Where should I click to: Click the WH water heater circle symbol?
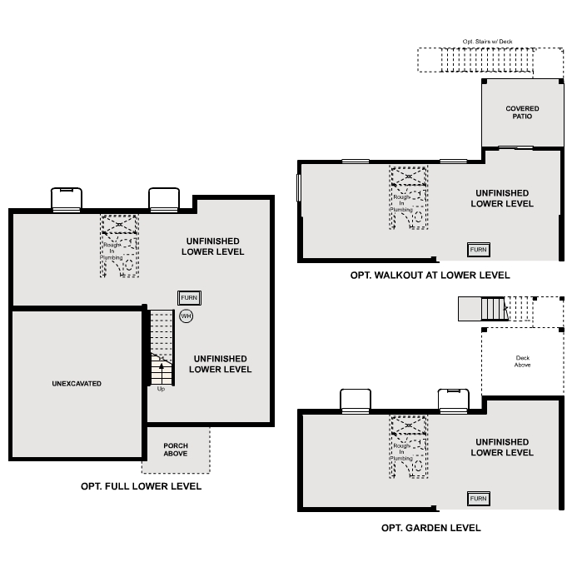coord(186,316)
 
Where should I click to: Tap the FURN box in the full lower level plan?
coord(189,297)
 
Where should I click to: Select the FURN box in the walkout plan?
coord(478,250)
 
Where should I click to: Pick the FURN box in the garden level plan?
coord(478,498)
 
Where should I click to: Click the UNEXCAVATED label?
coord(77,384)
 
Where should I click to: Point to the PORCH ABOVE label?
coord(176,450)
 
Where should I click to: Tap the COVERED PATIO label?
coord(522,112)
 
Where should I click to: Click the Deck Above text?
coord(522,361)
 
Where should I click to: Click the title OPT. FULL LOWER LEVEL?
coord(141,486)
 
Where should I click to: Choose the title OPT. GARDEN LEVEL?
coord(430,528)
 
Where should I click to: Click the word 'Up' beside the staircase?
coord(161,389)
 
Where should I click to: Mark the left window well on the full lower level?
coord(67,199)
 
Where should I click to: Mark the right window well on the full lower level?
coord(164,199)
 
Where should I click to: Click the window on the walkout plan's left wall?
coord(299,187)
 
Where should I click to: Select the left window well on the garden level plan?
coord(356,400)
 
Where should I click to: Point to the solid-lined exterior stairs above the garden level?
coord(482,310)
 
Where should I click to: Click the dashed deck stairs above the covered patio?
coord(490,61)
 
